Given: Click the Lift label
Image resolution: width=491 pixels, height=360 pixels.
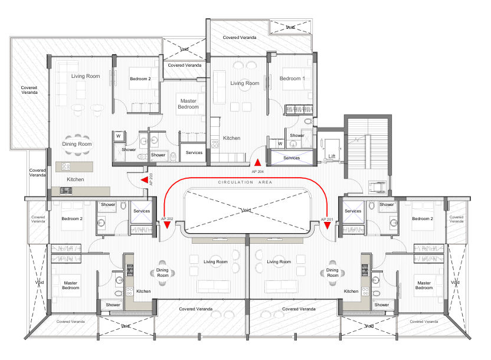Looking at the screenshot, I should [332, 156].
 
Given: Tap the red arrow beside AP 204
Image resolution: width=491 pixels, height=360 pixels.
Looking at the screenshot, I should [257, 162].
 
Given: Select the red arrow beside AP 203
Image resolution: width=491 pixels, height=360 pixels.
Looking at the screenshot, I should [145, 181].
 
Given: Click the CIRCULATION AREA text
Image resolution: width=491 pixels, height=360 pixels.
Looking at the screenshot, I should [245, 183].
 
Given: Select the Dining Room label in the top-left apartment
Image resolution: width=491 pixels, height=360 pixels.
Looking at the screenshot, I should [77, 144].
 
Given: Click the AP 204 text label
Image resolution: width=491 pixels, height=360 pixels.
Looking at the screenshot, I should [258, 171].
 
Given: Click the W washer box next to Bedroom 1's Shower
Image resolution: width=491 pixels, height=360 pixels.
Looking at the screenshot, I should [280, 143].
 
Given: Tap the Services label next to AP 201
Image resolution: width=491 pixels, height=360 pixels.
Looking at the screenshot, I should [353, 211].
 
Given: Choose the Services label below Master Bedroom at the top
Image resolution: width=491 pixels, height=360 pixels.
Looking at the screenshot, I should [194, 153].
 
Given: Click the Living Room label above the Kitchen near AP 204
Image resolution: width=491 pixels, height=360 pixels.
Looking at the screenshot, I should [244, 83].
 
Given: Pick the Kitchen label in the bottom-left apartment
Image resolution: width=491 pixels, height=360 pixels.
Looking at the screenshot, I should [143, 291].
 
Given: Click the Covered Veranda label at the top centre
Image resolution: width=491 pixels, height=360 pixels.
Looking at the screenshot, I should [240, 37].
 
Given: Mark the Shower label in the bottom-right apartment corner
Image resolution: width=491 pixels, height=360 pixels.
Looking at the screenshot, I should [381, 305].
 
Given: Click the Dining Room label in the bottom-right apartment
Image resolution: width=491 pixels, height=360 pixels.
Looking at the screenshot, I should [333, 273].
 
